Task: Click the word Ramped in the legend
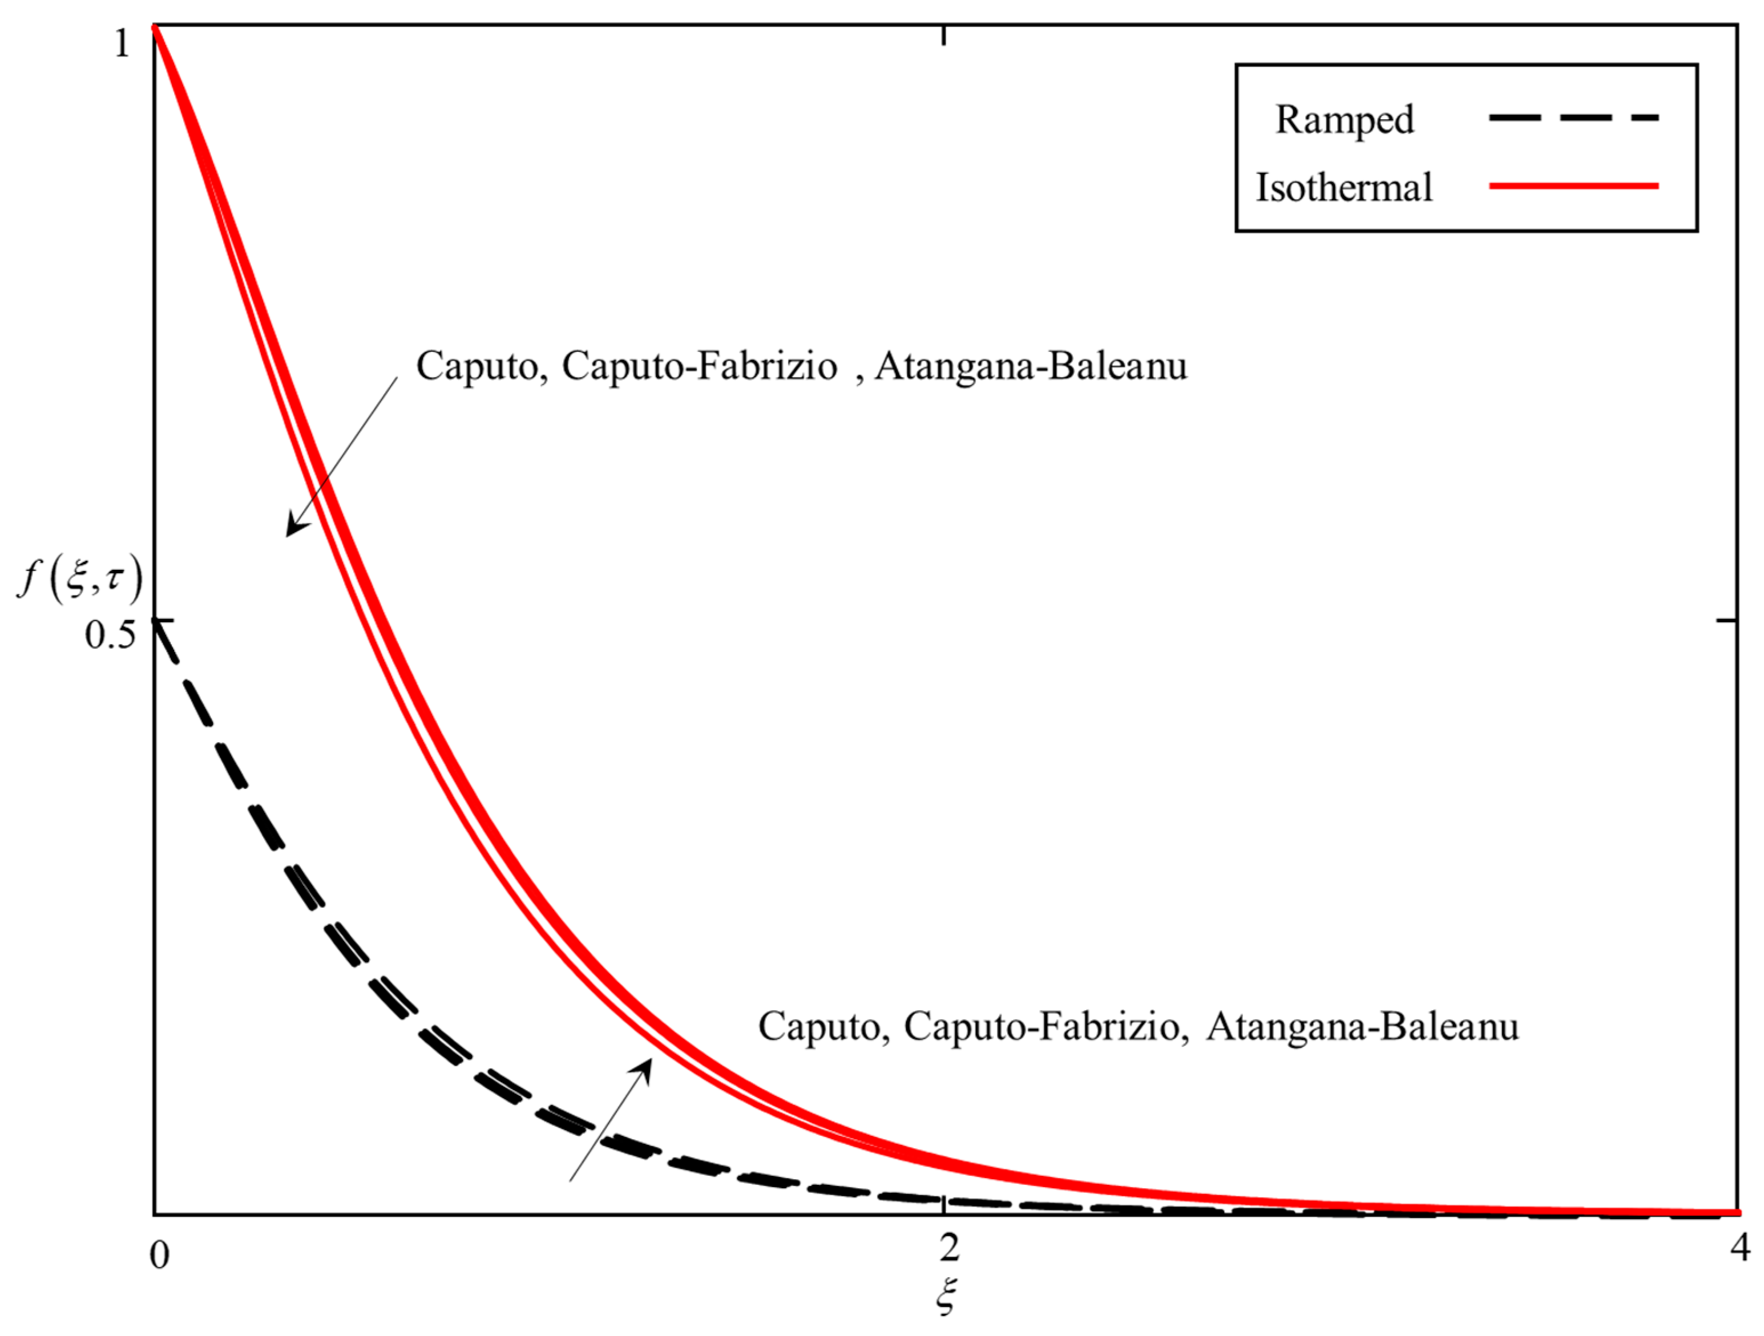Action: click(1344, 120)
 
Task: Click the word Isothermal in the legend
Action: click(1344, 188)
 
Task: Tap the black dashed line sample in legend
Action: click(1573, 118)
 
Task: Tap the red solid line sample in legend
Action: click(1573, 186)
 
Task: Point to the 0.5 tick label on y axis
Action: click(110, 635)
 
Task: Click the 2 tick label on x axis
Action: click(948, 1248)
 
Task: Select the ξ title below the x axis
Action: click(946, 1296)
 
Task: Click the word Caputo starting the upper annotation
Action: click(478, 367)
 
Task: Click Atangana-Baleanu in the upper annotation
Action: click(1030, 367)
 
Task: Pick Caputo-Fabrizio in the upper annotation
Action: click(700, 367)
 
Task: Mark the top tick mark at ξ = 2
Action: click(945, 34)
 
